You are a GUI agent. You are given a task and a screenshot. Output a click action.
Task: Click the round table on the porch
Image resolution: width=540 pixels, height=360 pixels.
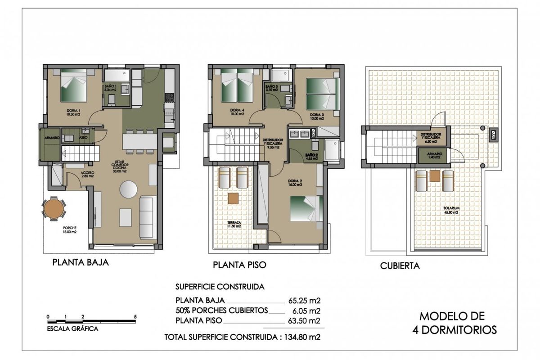(x=54, y=209)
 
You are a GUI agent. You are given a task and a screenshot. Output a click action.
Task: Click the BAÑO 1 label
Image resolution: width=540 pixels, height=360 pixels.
(x=110, y=87)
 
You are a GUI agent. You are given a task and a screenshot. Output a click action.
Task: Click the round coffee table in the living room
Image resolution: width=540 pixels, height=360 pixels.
(x=129, y=189)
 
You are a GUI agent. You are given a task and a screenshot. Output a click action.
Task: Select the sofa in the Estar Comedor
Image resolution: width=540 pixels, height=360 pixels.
(x=148, y=217)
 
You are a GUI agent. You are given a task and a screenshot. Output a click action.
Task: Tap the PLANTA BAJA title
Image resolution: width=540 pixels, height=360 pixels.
(x=81, y=262)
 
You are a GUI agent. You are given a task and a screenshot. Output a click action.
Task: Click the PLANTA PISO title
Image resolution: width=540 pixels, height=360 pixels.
(x=239, y=265)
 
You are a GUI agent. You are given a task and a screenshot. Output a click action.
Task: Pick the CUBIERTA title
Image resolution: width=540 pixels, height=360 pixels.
(x=400, y=265)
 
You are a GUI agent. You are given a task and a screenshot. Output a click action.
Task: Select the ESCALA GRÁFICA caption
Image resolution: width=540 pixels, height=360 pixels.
(x=72, y=328)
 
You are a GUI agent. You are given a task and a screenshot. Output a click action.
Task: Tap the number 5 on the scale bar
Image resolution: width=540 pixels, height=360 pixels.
(x=135, y=317)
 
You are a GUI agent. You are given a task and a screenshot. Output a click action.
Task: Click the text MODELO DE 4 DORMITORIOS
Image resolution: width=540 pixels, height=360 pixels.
(x=454, y=323)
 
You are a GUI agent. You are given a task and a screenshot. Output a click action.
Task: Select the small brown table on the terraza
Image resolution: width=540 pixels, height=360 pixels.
(x=233, y=198)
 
